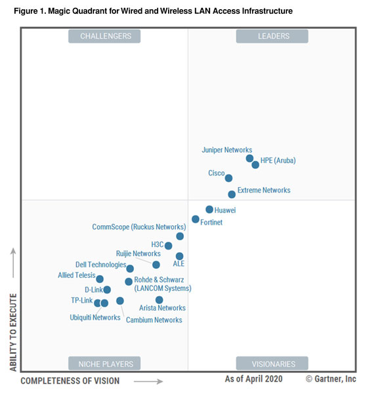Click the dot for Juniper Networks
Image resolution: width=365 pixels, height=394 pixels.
[249, 158]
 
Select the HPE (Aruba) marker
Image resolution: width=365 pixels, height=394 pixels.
[255, 165]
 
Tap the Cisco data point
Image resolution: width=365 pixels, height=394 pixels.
[228, 178]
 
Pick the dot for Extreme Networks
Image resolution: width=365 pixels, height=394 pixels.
[232, 194]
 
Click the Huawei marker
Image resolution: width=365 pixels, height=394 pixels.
[209, 209]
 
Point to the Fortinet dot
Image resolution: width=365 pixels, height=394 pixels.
[196, 219]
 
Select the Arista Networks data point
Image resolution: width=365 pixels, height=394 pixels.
[159, 299]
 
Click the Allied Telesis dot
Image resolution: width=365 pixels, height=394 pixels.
[100, 279]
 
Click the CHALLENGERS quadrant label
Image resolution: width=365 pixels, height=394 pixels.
[105, 36]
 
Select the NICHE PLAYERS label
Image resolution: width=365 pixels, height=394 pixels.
[105, 363]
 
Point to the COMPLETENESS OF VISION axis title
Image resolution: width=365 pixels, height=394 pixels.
[70, 381]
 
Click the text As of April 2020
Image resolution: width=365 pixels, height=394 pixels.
[253, 380]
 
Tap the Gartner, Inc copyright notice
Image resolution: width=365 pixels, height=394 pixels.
[330, 380]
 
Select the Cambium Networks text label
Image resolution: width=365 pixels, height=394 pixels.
[154, 320]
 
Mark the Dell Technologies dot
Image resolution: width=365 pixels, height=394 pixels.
[130, 269]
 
